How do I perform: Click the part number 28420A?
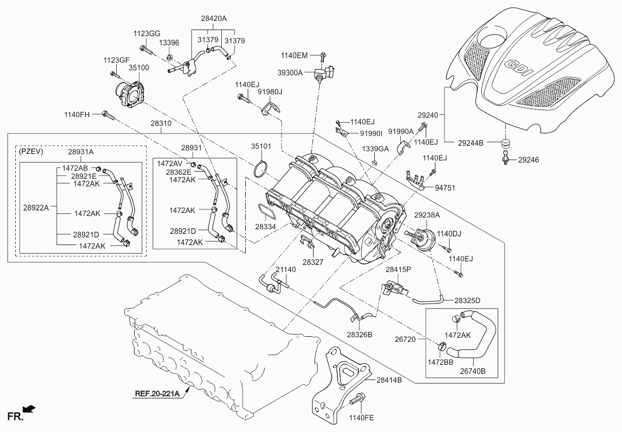[213, 18]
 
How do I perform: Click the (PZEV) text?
[31, 151]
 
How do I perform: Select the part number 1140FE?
[361, 418]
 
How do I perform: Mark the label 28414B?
[389, 380]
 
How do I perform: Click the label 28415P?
[398, 269]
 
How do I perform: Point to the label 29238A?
[426, 215]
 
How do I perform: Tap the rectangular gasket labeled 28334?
[264, 210]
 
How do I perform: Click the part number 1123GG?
[147, 33]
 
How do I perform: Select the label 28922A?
[36, 207]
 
